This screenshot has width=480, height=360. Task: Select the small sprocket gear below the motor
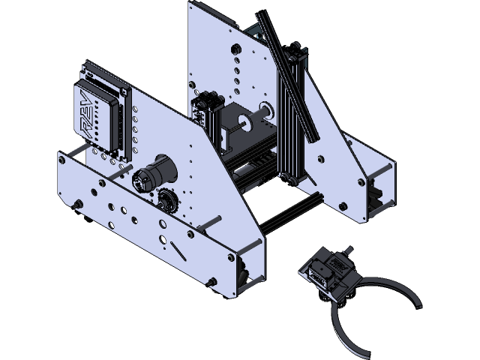(166, 201)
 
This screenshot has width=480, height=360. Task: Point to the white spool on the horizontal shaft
(265, 109)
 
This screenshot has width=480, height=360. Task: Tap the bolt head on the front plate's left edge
(76, 205)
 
